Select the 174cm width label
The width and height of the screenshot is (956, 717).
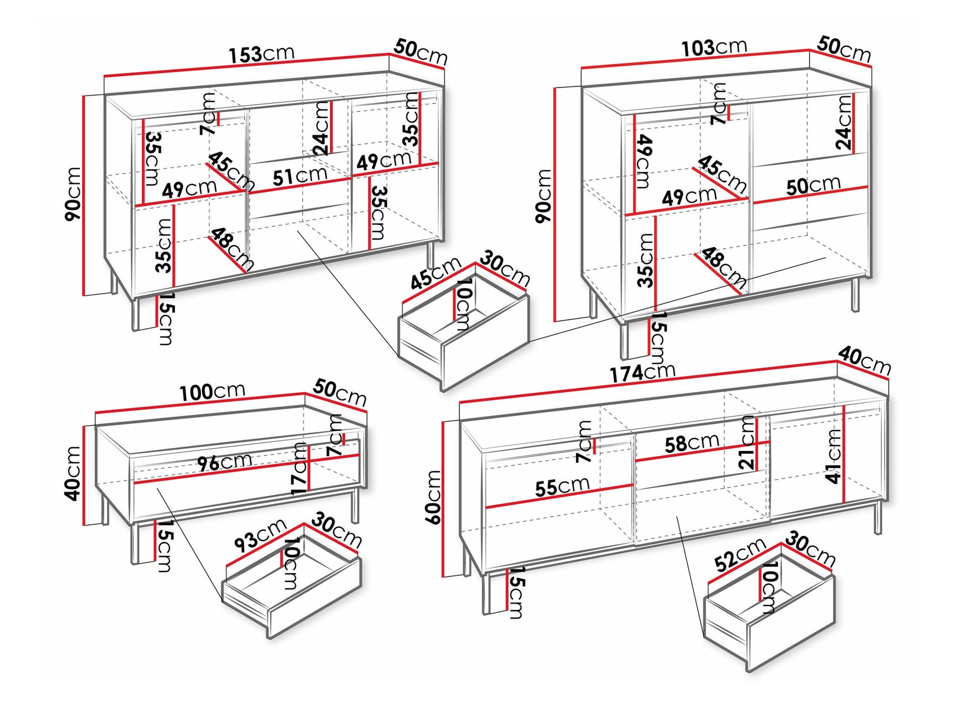(643, 373)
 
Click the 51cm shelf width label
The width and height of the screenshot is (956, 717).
(300, 177)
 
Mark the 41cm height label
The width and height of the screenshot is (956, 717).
(834, 457)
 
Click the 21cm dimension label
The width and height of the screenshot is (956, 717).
(747, 443)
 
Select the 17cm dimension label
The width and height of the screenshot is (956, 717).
(299, 468)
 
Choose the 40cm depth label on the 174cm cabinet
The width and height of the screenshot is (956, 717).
(864, 360)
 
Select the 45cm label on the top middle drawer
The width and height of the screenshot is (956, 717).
(435, 274)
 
